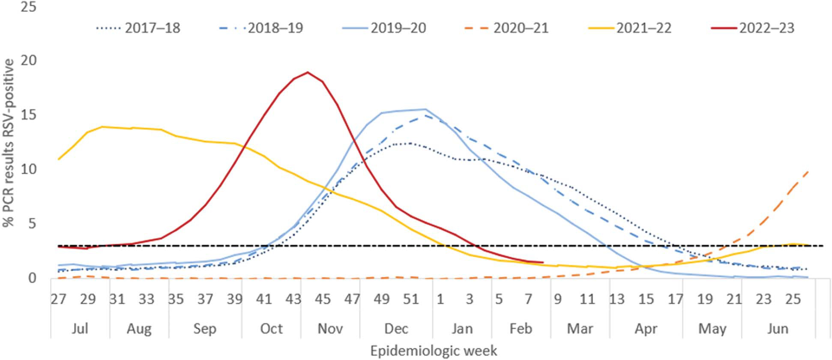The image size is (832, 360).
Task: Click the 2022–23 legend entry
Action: pos(752,28)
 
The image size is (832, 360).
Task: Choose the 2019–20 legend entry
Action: pos(384,28)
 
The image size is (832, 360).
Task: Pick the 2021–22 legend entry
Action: pos(629,28)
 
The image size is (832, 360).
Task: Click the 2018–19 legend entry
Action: pos(261,28)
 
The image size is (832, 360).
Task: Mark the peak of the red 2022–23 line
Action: pos(308,72)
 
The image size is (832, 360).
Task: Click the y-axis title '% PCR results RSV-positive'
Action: pos(9,143)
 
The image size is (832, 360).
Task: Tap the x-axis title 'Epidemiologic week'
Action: pos(434,351)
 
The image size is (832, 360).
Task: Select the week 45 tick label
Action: pos(323,299)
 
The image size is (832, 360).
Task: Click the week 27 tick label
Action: pos(59,299)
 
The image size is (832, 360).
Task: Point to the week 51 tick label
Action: pos(410,299)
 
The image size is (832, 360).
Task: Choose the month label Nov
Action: pos(330,329)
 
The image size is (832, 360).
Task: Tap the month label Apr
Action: pos(646,329)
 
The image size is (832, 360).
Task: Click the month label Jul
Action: pos(80,329)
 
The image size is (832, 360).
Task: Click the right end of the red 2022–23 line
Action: pos(543,262)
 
